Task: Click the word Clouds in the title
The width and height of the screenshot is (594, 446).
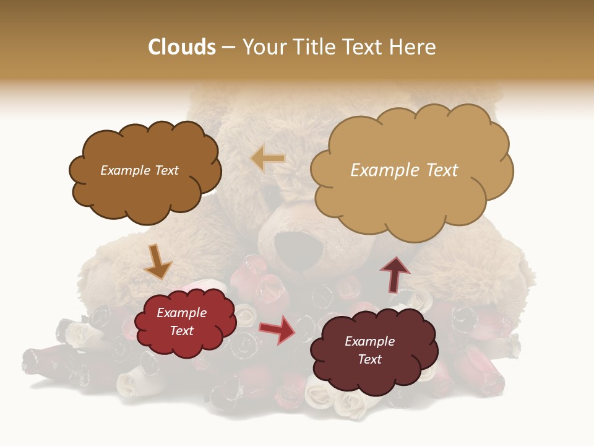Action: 182,47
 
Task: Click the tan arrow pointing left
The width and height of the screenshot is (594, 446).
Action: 268,159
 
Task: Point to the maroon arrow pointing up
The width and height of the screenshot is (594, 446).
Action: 395,274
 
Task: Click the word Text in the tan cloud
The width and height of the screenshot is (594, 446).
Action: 436,170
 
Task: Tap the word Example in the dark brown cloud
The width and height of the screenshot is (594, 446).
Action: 125,170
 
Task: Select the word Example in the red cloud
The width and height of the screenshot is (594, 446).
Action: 182,313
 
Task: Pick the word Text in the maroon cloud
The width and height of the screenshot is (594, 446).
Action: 369,359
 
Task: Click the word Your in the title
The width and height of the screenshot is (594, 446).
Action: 262,47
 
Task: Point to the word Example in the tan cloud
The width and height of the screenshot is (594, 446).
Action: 382,170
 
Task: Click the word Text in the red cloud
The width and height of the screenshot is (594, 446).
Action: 182,331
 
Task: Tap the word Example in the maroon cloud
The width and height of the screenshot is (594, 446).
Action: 369,341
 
